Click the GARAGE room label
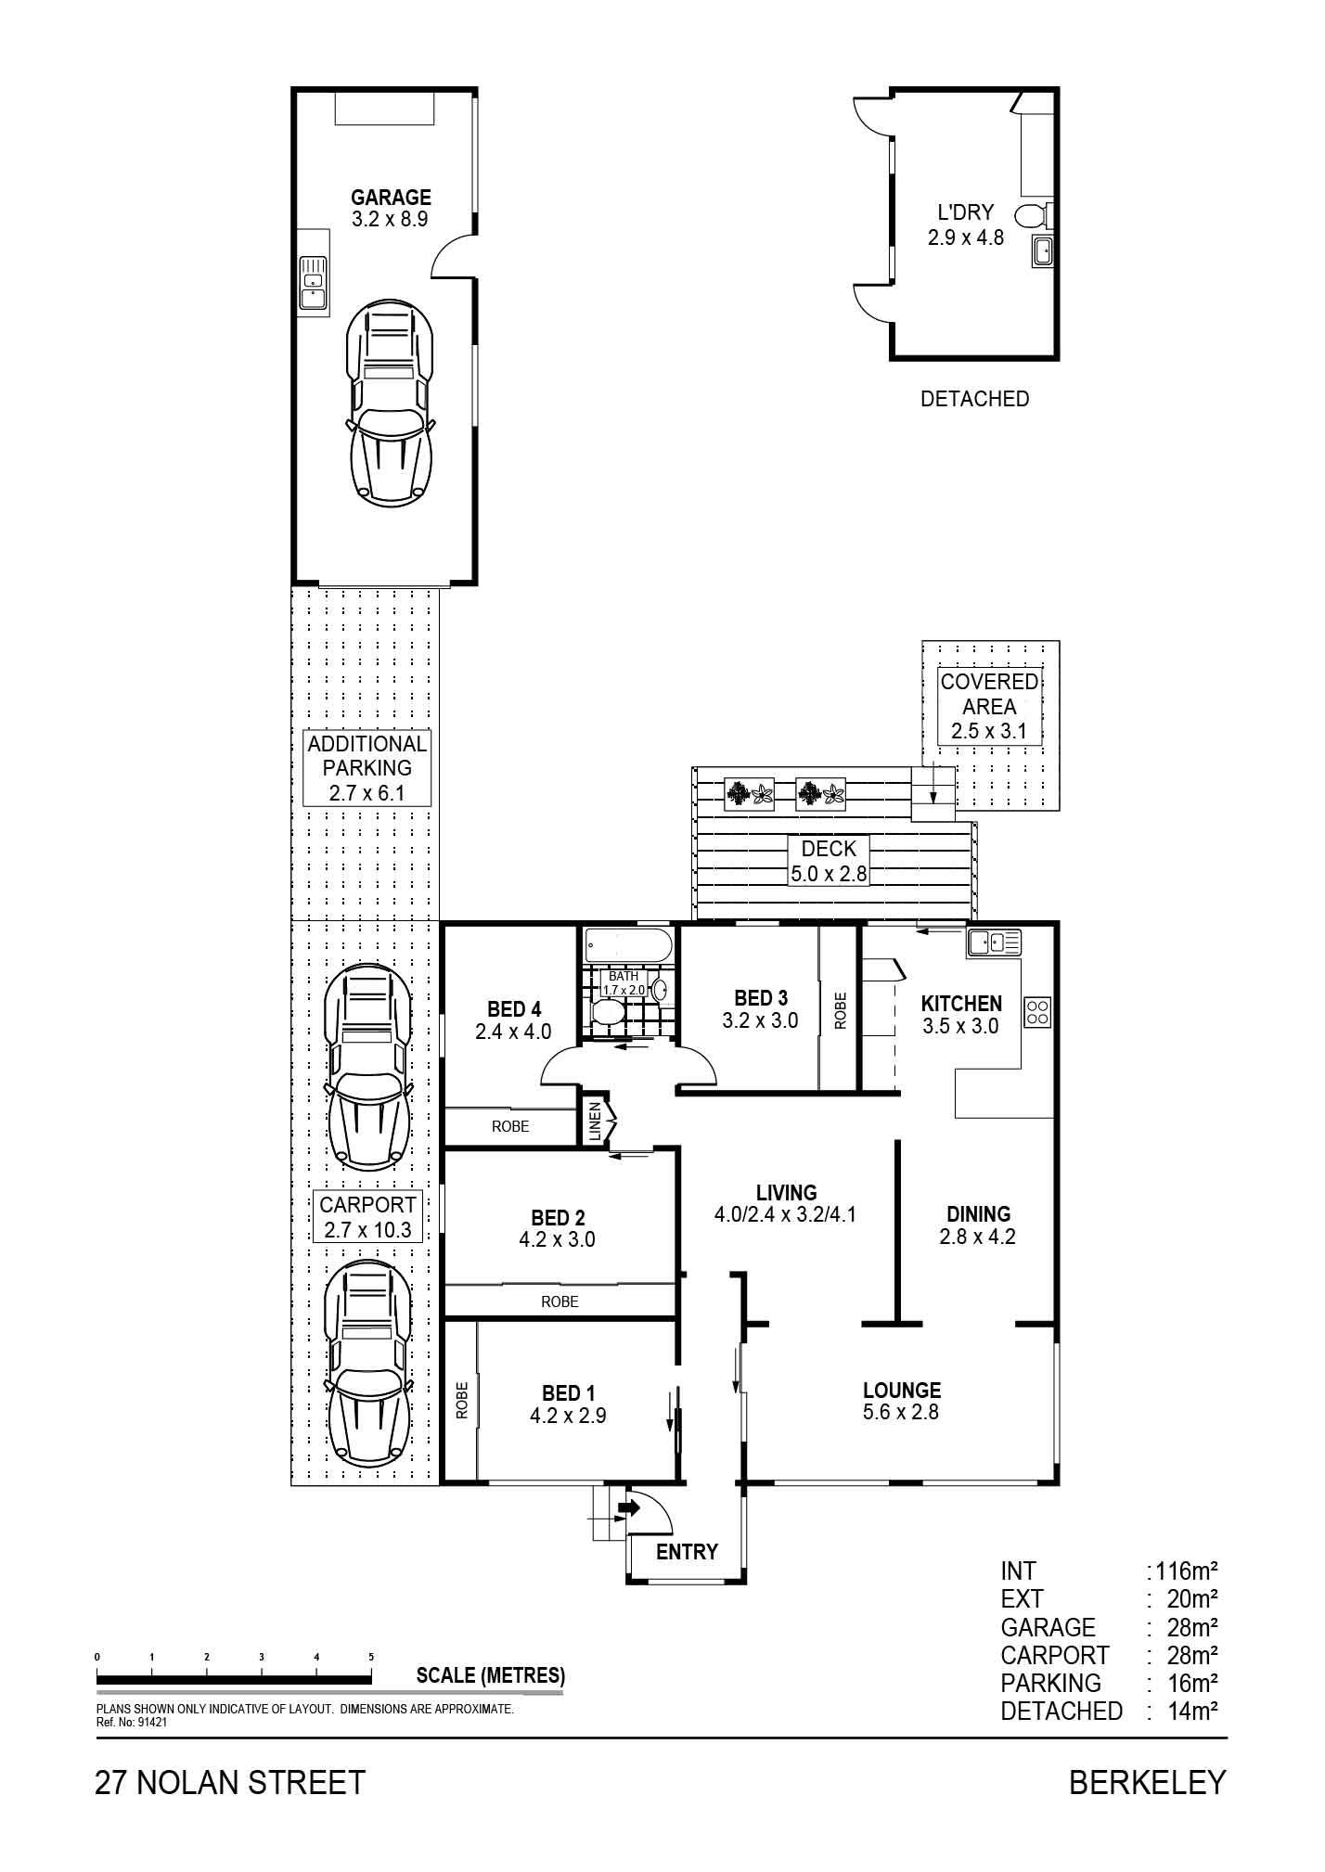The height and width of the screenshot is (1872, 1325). click(391, 198)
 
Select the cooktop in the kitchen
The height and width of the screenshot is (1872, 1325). click(1037, 1012)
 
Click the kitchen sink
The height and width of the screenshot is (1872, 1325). click(994, 942)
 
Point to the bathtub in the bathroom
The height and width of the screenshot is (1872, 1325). click(628, 947)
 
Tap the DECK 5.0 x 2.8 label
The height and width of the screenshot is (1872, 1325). click(829, 861)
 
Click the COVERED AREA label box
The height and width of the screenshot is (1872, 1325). click(989, 706)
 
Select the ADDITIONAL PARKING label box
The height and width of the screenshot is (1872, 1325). click(367, 768)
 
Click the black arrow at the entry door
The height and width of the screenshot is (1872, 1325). click(629, 1508)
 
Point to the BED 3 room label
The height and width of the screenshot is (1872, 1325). click(761, 998)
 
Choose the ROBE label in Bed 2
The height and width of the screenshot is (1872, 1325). click(560, 1301)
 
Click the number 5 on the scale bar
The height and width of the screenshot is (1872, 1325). click(371, 1656)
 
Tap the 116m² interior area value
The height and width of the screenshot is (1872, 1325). click(1186, 1571)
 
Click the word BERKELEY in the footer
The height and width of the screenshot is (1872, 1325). click(1148, 1782)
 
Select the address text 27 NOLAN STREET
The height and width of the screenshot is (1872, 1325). click(230, 1782)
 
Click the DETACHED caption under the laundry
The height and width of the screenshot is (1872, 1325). click(974, 399)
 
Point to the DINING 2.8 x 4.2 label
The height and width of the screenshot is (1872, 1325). click(978, 1224)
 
